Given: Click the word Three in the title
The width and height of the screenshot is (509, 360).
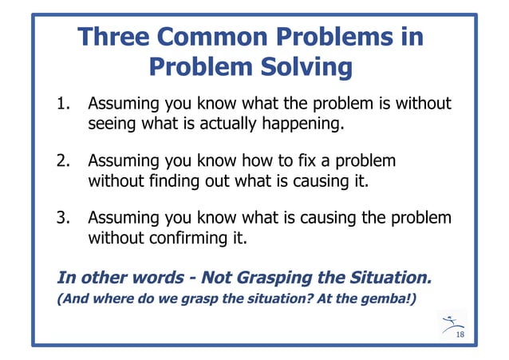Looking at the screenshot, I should coord(111,38).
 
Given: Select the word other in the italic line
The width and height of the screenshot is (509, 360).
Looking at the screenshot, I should coord(101,278).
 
